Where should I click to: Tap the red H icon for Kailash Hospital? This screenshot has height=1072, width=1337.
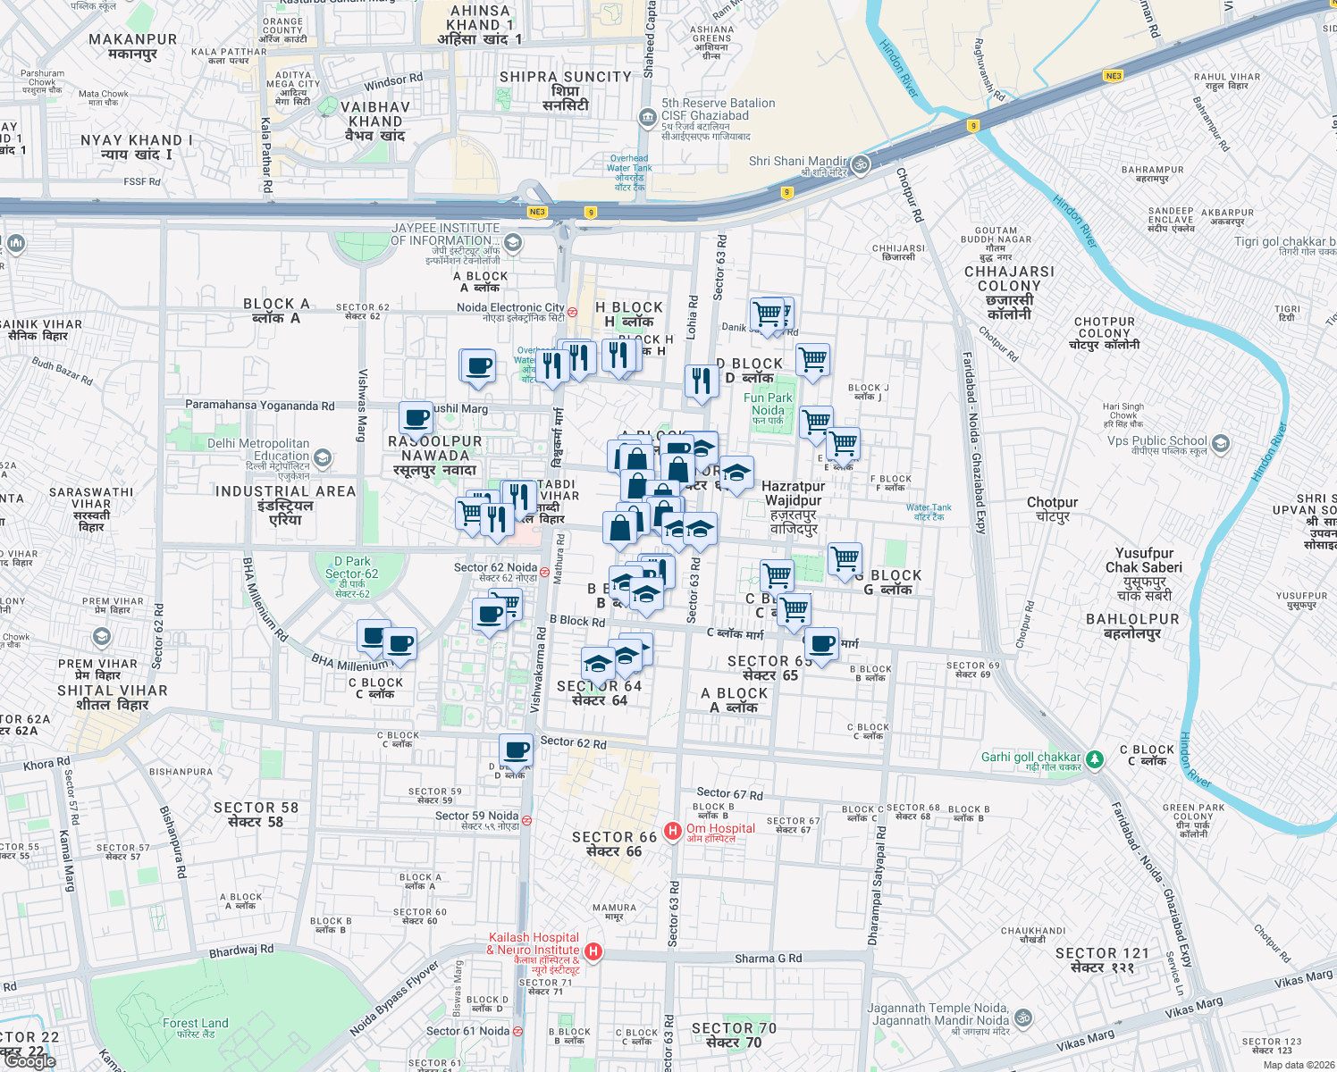point(593,952)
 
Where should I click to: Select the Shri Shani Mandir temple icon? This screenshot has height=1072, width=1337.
point(860,164)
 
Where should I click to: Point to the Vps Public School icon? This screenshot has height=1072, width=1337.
point(1221,444)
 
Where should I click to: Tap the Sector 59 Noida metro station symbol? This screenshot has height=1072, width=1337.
point(527,820)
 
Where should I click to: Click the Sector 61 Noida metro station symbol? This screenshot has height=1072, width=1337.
point(517,1032)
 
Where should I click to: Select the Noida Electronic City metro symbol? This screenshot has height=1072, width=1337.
point(573,312)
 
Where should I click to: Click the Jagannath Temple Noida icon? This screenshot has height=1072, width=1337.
point(1023,1018)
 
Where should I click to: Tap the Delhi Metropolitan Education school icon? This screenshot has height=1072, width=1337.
point(323,458)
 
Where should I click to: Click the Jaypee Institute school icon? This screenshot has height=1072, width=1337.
point(513,242)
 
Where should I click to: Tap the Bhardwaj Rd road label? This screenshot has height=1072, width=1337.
point(241,951)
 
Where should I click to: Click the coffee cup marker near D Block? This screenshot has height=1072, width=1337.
point(516,750)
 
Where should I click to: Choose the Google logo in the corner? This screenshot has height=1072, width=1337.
point(30,1061)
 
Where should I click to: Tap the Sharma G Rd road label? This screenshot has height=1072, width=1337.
point(768,959)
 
